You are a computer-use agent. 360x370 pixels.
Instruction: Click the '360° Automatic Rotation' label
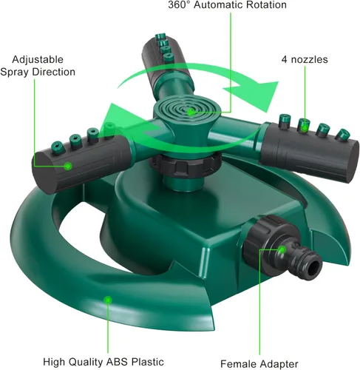[227, 4]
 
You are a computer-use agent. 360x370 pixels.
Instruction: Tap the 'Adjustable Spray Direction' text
[38, 66]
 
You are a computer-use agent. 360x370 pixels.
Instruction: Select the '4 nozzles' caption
[305, 59]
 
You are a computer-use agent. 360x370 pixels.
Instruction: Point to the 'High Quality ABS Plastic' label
[103, 362]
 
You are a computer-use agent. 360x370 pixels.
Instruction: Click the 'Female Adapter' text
[259, 364]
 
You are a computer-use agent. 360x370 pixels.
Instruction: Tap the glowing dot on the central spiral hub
[191, 112]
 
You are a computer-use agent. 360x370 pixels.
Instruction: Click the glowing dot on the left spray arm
[68, 166]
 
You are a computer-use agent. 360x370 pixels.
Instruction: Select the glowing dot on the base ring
[108, 300]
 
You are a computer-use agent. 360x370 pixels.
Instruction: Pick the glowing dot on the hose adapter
[282, 249]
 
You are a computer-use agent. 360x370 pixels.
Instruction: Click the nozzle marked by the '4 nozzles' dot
[304, 126]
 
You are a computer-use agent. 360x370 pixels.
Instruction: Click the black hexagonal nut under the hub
[186, 166]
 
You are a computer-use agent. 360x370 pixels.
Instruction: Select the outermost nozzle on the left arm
[57, 148]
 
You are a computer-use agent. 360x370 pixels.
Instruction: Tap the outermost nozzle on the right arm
[343, 135]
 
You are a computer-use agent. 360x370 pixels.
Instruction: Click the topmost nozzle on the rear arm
[160, 36]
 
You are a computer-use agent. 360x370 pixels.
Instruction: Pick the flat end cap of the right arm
[353, 162]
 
